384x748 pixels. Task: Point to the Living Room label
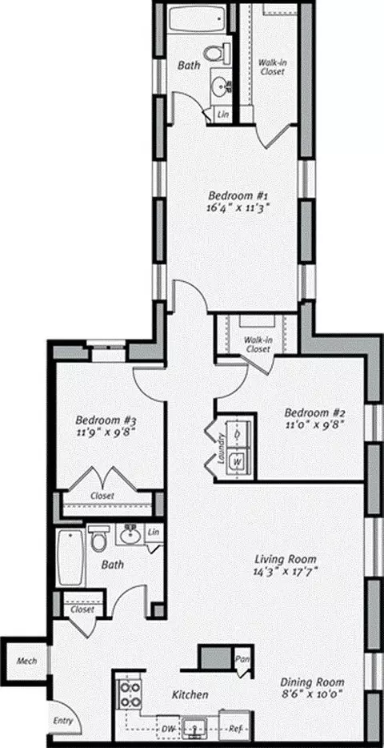point(286,559)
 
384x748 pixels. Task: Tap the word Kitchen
point(190,694)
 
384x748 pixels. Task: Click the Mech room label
point(26,662)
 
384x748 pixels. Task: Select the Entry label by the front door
point(63,720)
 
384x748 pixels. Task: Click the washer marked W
point(238,462)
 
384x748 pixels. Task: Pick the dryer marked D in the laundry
point(238,434)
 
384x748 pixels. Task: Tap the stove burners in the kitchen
point(129,694)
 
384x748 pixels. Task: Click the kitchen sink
point(196,727)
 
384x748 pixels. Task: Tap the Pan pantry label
point(242,659)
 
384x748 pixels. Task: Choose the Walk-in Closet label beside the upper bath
point(271,67)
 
